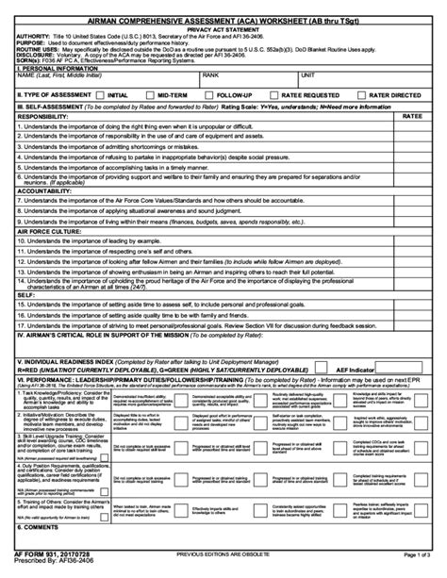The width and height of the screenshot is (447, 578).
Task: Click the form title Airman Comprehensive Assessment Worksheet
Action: click(223, 18)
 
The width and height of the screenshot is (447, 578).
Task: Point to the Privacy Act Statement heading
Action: click(223, 28)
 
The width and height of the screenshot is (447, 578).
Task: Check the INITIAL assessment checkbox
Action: click(100, 95)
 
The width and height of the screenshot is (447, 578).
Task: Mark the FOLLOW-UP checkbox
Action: click(210, 95)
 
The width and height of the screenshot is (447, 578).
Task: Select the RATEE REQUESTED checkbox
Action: click(276, 95)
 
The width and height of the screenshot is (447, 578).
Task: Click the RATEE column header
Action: click(412, 114)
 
